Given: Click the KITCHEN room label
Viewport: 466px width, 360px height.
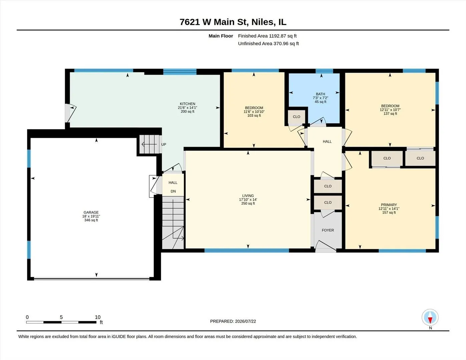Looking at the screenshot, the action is pyautogui.click(x=187, y=104).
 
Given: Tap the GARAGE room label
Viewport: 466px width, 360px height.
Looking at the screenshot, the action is pyautogui.click(x=91, y=212).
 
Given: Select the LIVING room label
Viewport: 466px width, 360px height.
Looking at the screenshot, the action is pyautogui.click(x=248, y=196).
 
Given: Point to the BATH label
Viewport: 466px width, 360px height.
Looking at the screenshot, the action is pyautogui.click(x=320, y=94).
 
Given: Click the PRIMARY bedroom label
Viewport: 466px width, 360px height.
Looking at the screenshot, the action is pyautogui.click(x=389, y=205).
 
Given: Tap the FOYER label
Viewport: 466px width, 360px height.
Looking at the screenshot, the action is pyautogui.click(x=328, y=230).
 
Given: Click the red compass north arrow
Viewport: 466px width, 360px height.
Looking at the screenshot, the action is pyautogui.click(x=430, y=320).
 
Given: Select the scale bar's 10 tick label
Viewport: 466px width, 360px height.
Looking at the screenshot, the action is pyautogui.click(x=98, y=317).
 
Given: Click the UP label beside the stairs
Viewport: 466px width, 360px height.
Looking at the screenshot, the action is pyautogui.click(x=164, y=144).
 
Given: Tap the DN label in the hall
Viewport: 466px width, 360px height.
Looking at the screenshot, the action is pyautogui.click(x=173, y=191).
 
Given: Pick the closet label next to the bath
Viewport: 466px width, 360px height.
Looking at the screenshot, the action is pyautogui.click(x=296, y=117).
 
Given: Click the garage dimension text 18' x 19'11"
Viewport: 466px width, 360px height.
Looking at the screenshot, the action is pyautogui.click(x=91, y=216).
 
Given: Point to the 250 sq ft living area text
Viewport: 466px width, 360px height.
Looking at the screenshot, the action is pyautogui.click(x=248, y=203).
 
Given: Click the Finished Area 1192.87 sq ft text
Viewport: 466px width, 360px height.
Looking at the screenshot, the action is pyautogui.click(x=267, y=36).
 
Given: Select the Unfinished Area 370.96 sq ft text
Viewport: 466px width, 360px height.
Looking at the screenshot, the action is pyautogui.click(x=268, y=43).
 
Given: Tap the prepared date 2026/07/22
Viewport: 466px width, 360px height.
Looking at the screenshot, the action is pyautogui.click(x=245, y=321).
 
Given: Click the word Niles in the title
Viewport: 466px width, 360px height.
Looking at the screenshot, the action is pyautogui.click(x=263, y=22).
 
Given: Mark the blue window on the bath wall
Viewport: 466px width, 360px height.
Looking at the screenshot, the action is pyautogui.click(x=324, y=71).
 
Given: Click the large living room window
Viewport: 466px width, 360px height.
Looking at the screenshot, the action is pyautogui.click(x=247, y=250).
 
